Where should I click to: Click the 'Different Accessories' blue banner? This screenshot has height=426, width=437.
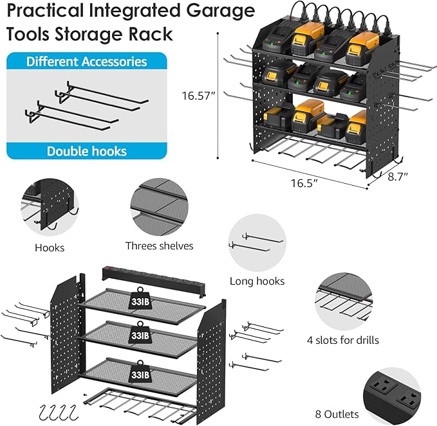[86, 62]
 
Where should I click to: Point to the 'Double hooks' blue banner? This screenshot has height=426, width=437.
[86, 152]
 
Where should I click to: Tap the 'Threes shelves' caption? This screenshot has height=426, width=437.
[159, 245]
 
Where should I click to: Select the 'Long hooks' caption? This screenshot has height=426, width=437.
[257, 281]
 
